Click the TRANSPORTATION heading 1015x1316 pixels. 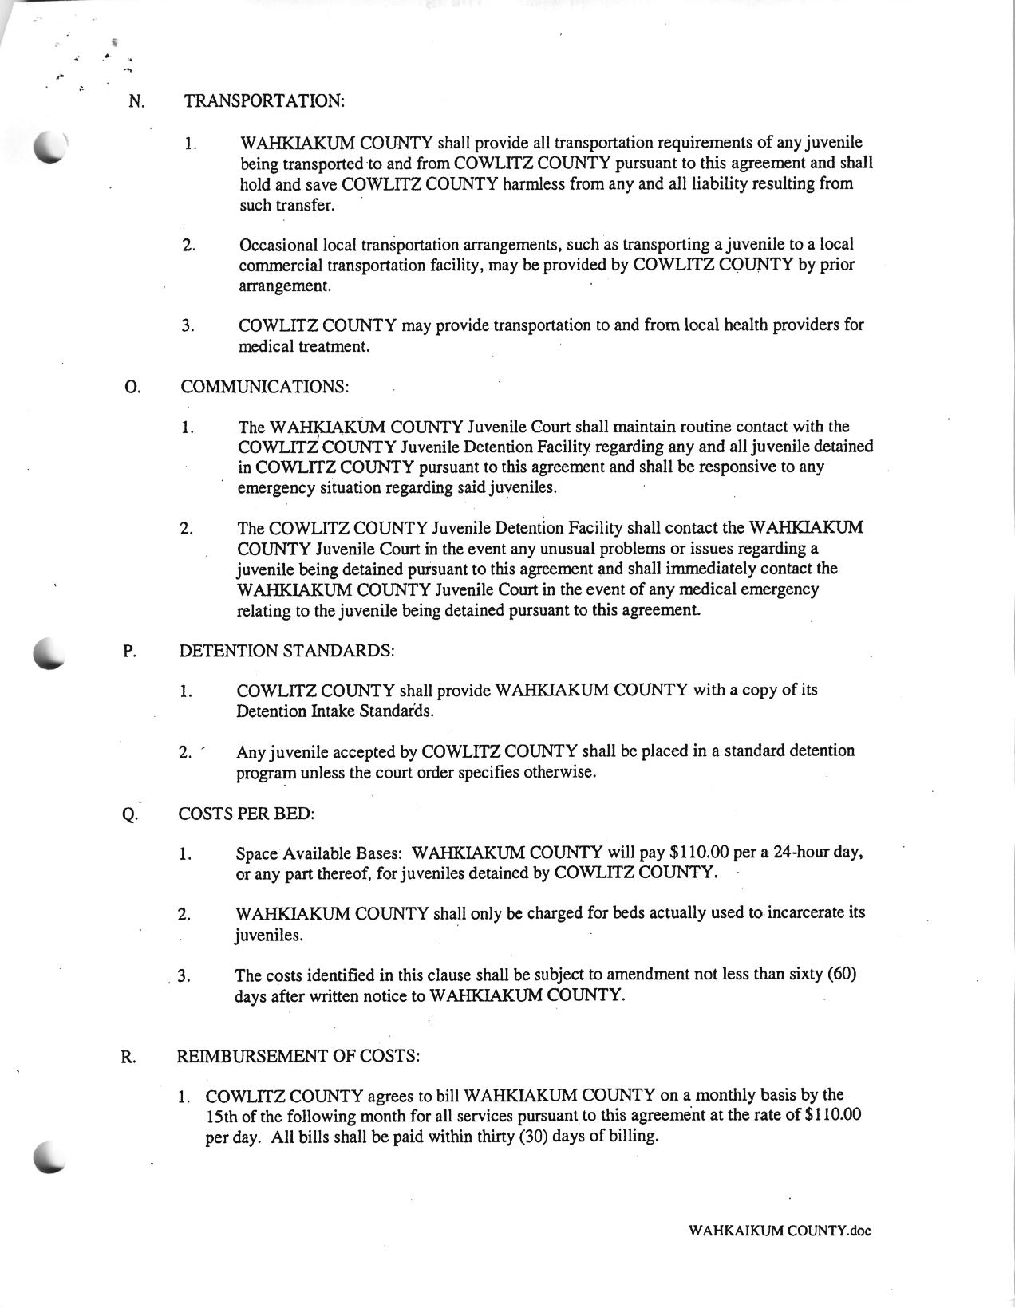264,101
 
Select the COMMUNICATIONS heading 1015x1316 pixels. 265,387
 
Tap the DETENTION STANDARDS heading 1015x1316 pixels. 286,651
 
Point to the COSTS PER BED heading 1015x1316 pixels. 247,814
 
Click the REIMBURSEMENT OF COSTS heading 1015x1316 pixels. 298,1056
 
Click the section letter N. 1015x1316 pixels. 136,102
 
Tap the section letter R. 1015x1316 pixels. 128,1058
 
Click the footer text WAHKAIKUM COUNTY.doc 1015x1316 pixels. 779,1231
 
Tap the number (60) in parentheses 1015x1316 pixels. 841,975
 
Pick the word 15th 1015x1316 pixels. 223,1116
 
